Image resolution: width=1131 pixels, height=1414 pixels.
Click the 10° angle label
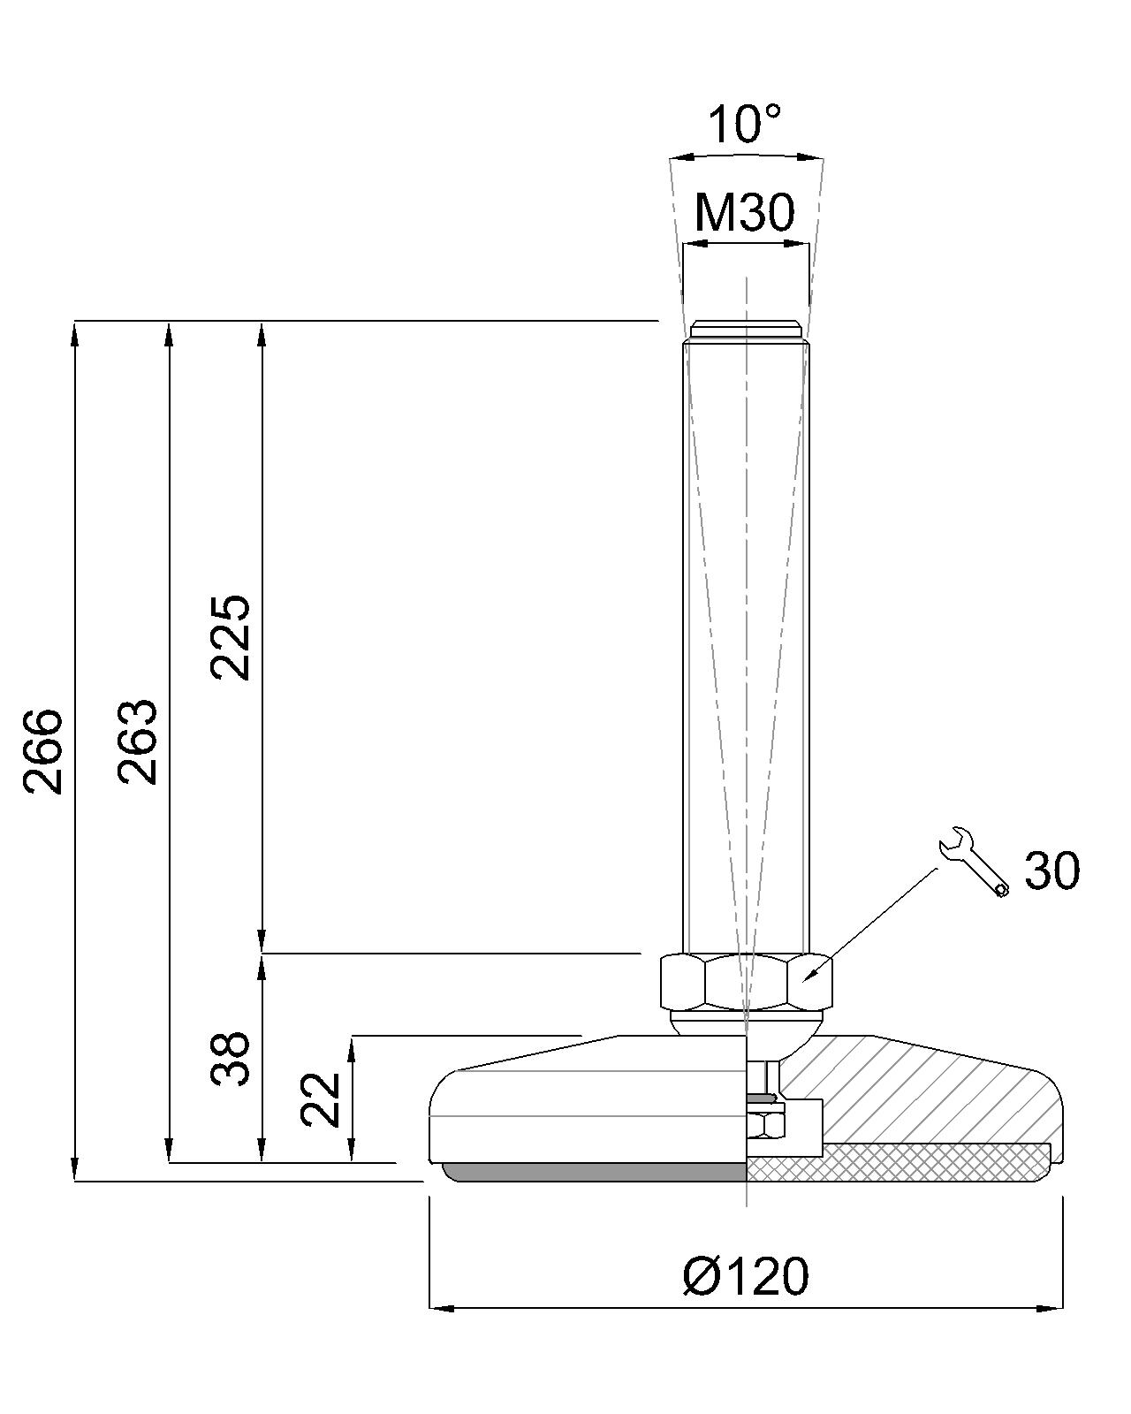[745, 124]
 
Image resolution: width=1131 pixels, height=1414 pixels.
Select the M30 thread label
[745, 213]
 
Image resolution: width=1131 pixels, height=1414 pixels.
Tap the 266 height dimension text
[43, 752]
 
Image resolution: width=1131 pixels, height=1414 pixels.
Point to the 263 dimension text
[138, 741]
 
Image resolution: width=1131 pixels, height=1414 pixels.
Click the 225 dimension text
[231, 637]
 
